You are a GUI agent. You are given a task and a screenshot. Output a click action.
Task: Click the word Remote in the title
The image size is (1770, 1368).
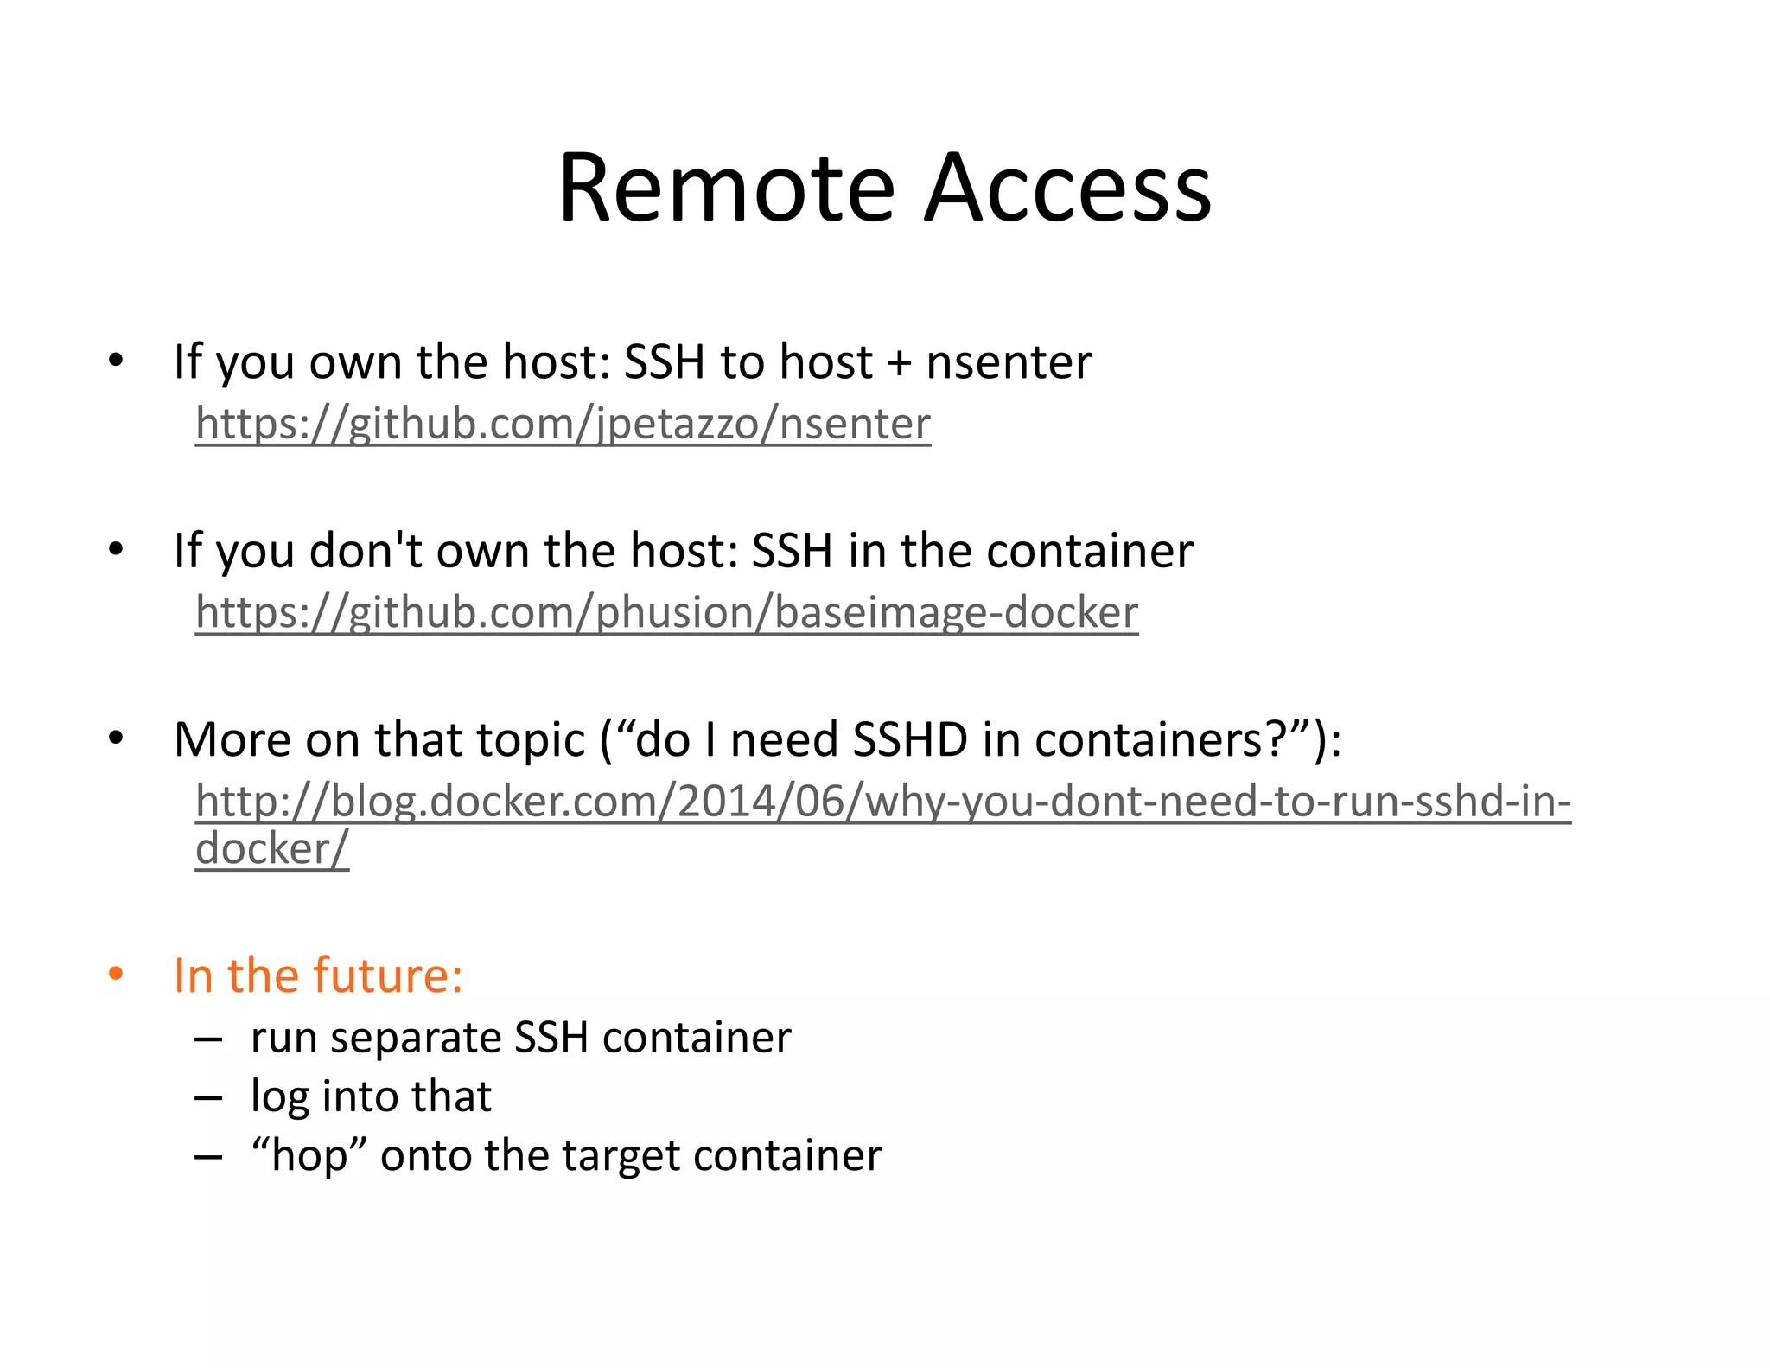point(726,189)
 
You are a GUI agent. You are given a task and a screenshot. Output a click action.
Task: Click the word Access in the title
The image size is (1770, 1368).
point(1068,189)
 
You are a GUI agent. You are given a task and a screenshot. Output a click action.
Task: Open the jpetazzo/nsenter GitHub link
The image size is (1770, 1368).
point(563,424)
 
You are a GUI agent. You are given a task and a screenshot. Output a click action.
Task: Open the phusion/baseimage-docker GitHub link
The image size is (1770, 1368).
point(666,612)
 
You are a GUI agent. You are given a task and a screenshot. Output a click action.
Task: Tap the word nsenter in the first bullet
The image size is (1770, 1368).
point(1009,361)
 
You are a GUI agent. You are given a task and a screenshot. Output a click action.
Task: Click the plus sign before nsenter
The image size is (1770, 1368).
point(899,363)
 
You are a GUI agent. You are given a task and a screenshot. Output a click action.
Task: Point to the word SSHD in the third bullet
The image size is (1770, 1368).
point(910,739)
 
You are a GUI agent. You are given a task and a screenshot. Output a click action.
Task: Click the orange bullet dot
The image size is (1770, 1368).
point(116,974)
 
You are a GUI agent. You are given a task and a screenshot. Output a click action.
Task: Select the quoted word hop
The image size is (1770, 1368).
point(309,1155)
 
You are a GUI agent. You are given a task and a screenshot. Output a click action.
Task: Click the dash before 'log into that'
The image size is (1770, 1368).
point(208,1097)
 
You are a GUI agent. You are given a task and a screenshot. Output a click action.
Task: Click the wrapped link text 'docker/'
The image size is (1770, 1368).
point(272,848)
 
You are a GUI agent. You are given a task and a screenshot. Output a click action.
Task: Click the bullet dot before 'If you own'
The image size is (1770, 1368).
point(116,360)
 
